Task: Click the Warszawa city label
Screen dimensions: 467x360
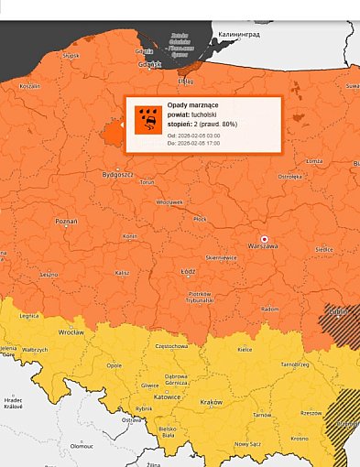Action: [x=263, y=246]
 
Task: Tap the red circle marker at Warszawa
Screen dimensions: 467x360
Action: [x=264, y=238]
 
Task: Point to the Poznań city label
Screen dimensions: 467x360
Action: [x=66, y=222]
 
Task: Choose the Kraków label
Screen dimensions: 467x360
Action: [x=211, y=402]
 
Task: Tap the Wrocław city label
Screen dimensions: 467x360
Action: [x=71, y=332]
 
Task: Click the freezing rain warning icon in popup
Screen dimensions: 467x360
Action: [x=147, y=120]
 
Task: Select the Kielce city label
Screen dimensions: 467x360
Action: [x=245, y=350]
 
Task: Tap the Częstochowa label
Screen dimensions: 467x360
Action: [x=172, y=347]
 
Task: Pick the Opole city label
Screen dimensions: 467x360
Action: [x=114, y=364]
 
